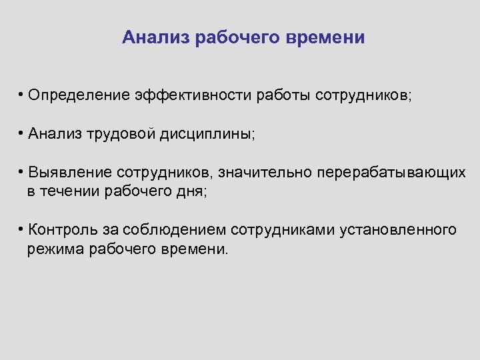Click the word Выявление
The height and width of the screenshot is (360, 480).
tap(69, 173)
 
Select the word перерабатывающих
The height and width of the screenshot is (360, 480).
tap(391, 173)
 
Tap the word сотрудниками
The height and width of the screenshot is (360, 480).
tap(282, 230)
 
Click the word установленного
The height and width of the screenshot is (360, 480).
tap(398, 230)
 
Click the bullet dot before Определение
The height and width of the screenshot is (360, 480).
tap(22, 95)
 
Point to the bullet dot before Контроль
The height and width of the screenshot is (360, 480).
tap(22, 229)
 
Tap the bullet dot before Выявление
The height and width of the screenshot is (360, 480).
tap(22, 172)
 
